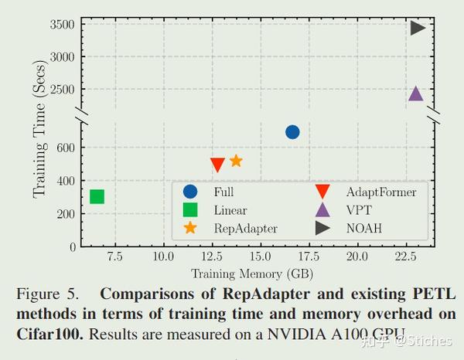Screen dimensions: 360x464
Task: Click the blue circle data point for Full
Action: (292, 132)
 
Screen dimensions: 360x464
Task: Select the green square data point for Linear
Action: (97, 196)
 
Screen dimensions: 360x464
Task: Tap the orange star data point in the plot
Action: (236, 161)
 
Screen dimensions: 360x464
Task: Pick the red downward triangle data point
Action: (218, 165)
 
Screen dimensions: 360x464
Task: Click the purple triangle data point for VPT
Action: (415, 93)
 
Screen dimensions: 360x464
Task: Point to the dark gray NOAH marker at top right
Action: (418, 28)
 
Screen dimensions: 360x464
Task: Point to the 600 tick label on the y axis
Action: (64, 148)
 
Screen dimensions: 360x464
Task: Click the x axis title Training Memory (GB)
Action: (252, 273)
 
